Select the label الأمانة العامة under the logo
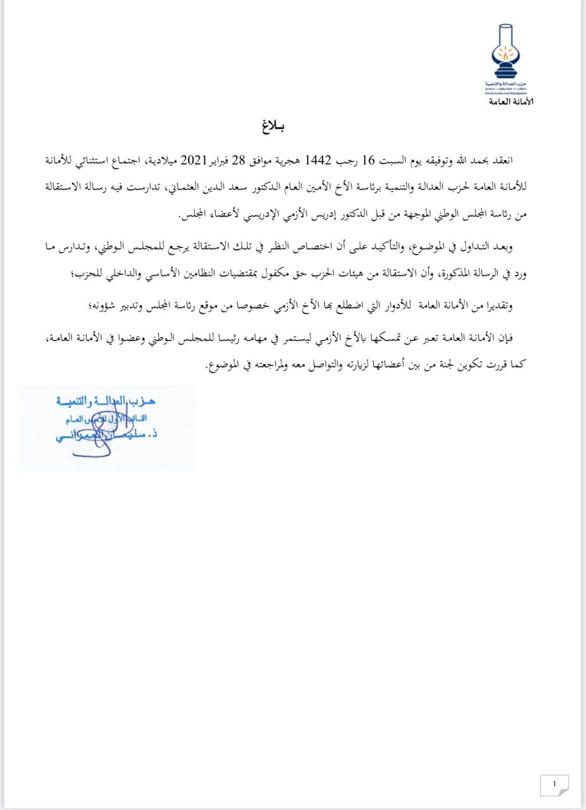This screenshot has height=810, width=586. [x=511, y=102]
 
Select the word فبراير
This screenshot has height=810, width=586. [x=215, y=159]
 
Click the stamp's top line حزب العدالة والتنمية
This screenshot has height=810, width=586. [x=104, y=401]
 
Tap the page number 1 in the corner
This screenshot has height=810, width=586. [x=555, y=784]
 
